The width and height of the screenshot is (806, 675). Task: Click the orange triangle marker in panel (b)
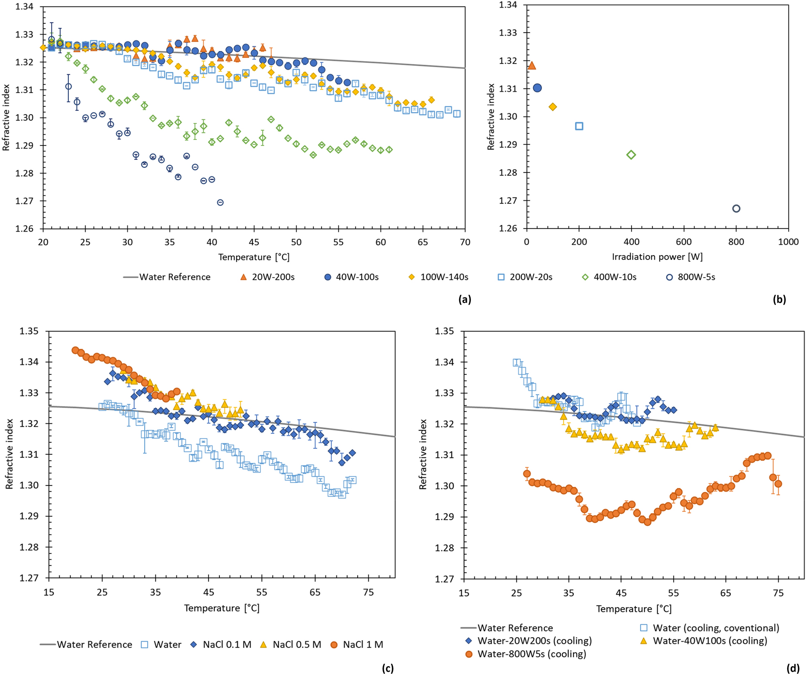pos(532,65)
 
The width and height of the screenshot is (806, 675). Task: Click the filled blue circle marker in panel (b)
pos(537,88)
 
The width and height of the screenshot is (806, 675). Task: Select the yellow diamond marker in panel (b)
pos(552,107)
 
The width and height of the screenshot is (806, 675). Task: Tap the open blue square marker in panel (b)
pos(579,126)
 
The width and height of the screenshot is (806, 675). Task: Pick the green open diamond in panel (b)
pos(631,155)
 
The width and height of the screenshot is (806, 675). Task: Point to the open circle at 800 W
pos(736,209)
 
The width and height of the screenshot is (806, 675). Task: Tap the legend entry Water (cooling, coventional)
pos(716,628)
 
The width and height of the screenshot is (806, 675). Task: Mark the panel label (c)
pos(388,668)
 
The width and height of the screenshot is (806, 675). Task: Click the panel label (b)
pos(779,299)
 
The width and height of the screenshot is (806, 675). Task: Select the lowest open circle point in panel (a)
pos(220,202)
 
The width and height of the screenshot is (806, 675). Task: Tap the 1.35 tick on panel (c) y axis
pos(29,331)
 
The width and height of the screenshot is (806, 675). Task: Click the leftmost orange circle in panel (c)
pos(75,350)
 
